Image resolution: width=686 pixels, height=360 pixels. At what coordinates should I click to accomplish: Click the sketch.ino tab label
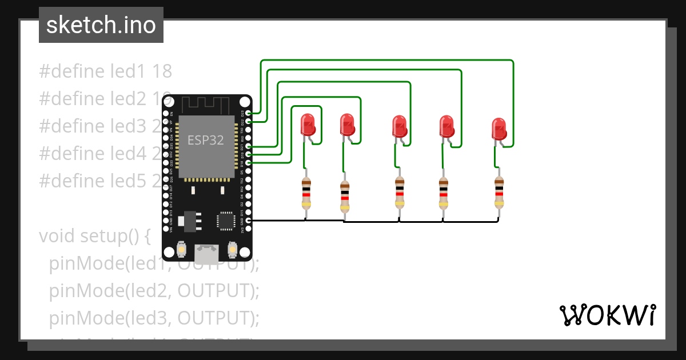[x=101, y=25]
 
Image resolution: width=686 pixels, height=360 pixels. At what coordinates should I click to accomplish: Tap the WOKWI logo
[x=607, y=315]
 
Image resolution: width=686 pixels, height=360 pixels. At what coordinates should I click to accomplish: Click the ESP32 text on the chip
[x=206, y=139]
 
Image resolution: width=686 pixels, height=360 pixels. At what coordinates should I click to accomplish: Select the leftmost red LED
[x=308, y=124]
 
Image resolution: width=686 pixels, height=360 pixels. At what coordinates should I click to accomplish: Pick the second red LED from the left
[x=347, y=125]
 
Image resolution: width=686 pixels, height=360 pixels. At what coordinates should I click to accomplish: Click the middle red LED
[x=400, y=126]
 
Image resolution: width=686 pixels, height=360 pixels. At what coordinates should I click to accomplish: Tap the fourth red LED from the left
[x=446, y=126]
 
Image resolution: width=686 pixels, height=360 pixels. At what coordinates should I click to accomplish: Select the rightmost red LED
[x=499, y=129]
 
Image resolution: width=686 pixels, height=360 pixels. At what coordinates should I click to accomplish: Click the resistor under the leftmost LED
[x=306, y=193]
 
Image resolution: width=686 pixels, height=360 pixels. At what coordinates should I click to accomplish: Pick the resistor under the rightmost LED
[x=499, y=193]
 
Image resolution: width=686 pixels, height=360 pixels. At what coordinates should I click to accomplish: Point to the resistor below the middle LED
[x=400, y=193]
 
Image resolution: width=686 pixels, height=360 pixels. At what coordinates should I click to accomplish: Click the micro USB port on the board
[x=206, y=251]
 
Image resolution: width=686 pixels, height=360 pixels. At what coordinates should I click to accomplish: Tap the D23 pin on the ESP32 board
[x=248, y=113]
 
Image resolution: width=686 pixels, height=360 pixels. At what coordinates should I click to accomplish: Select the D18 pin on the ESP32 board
[x=248, y=163]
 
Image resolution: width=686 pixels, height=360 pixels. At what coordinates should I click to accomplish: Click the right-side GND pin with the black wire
[x=248, y=220]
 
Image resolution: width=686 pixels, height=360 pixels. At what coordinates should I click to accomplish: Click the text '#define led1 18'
[x=105, y=71]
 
